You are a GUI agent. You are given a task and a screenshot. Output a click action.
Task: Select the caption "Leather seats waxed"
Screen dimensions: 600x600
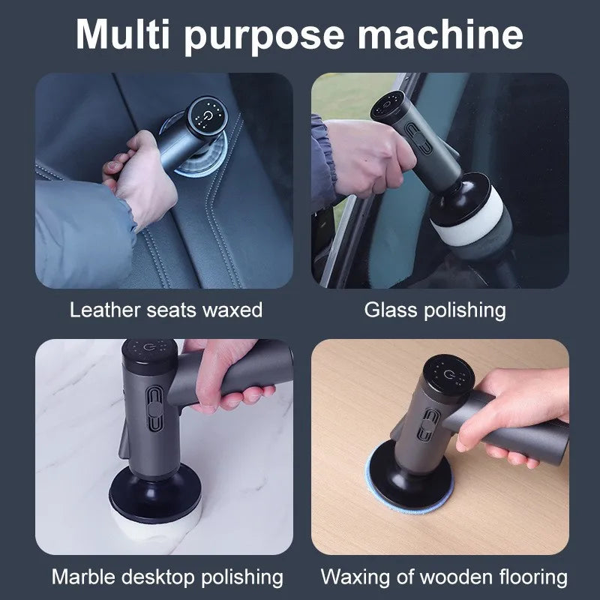click(166, 310)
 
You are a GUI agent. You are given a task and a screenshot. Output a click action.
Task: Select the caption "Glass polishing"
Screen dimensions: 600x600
click(435, 310)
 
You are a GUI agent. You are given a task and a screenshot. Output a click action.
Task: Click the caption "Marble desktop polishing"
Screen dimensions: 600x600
click(167, 577)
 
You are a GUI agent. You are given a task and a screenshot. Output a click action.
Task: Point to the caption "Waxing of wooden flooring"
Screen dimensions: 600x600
click(444, 577)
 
